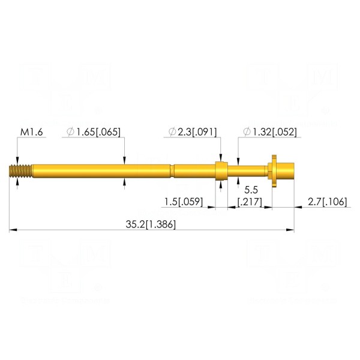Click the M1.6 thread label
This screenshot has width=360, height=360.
coord(32,132)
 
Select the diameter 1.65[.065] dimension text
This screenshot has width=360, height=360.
coord(94,132)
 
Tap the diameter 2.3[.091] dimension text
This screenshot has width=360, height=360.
coord(193,132)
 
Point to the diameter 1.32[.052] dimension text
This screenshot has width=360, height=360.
coord(270,132)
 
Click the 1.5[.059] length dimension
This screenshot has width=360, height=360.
coord(184,202)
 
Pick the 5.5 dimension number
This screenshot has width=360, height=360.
coord(251,190)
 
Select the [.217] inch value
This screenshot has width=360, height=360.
coord(250,202)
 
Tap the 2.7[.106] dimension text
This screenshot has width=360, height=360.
coord(327,202)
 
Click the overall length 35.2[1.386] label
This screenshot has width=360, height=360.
coord(151,224)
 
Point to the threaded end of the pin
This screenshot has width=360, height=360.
coord(20,171)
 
